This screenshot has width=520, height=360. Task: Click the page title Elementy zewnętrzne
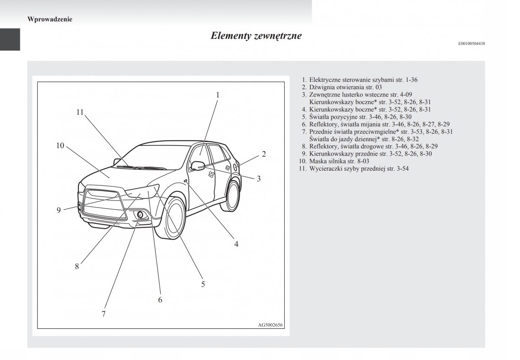point(256,36)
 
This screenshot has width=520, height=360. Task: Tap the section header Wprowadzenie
point(49,19)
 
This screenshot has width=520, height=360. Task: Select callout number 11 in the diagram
point(80,112)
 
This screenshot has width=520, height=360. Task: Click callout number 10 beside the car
point(60,146)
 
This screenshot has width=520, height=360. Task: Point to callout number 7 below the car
point(104,314)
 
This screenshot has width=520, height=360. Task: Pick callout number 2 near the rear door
point(263,154)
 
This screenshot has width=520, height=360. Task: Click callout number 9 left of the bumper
point(58,211)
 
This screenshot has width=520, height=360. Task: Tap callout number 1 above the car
point(218,94)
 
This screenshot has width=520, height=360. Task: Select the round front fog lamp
point(140,214)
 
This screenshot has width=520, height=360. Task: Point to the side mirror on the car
point(198,165)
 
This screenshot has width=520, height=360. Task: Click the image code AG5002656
point(271,325)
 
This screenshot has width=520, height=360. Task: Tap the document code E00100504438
point(471,43)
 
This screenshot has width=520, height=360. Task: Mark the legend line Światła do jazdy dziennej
point(364,139)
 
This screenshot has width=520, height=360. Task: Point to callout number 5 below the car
point(203,284)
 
